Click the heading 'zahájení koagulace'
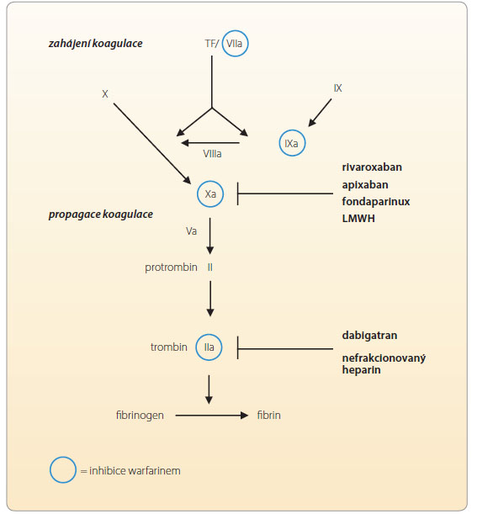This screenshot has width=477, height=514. pyautogui.click(x=95, y=44)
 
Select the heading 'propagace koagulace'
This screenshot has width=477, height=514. pyautogui.click(x=101, y=215)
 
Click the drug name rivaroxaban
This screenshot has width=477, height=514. pyautogui.click(x=372, y=167)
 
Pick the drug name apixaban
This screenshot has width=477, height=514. pyautogui.click(x=365, y=185)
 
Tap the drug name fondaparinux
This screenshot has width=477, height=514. pyautogui.click(x=376, y=202)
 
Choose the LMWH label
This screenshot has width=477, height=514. pyautogui.click(x=358, y=219)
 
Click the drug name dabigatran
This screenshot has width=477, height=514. pyautogui.click(x=369, y=336)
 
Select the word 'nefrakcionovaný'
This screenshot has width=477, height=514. pyautogui.click(x=384, y=358)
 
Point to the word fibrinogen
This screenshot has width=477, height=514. pyautogui.click(x=140, y=416)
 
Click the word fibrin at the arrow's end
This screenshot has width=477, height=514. pyautogui.click(x=269, y=416)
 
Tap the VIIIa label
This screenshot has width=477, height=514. pyautogui.click(x=212, y=154)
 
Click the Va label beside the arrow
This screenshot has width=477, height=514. pyautogui.click(x=192, y=231)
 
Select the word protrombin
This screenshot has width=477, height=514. pyautogui.click(x=171, y=268)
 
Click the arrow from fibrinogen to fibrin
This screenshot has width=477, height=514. pyautogui.click(x=212, y=416)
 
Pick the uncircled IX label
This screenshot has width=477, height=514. pyautogui.click(x=337, y=88)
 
